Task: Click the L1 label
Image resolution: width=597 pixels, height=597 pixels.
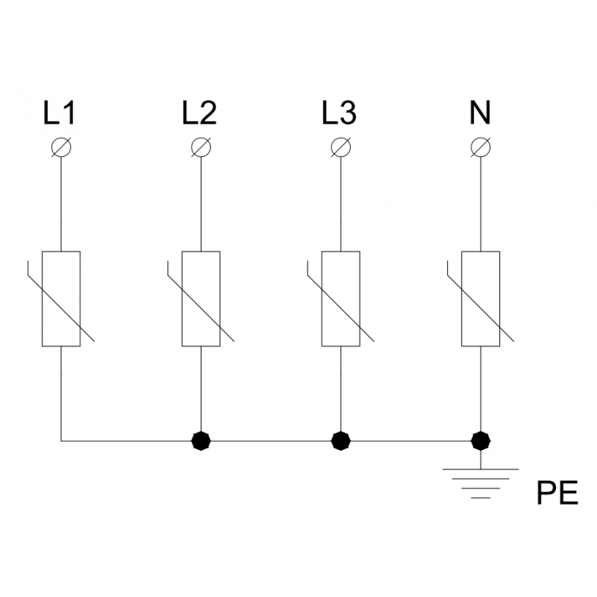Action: [60, 113]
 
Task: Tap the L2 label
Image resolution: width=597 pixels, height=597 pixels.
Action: [199, 113]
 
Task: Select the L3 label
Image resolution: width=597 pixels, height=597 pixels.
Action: [340, 113]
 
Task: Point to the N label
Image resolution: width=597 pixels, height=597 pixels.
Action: [480, 113]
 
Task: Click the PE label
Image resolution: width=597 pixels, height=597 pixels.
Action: [557, 493]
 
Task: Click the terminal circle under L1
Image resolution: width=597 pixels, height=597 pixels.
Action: [61, 147]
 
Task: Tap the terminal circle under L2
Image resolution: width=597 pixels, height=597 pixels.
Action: [201, 147]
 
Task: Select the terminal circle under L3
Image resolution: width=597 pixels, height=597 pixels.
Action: [341, 147]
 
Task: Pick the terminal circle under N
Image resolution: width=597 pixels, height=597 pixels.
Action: [481, 147]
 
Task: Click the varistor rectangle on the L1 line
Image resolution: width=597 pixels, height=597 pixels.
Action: [43, 299]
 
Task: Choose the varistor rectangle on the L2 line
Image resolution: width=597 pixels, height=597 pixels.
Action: [182, 299]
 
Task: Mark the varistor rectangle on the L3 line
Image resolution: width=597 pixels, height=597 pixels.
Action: [322, 299]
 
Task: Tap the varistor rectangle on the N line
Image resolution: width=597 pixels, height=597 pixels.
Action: [461, 299]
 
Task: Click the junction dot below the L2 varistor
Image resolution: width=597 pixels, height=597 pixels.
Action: [201, 441]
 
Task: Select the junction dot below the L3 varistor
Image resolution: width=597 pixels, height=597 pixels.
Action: [341, 441]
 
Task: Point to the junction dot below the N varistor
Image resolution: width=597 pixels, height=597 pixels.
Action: [481, 441]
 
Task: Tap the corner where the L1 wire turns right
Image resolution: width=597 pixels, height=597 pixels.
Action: [61, 441]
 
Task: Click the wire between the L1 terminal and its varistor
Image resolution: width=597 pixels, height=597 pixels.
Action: [61, 204]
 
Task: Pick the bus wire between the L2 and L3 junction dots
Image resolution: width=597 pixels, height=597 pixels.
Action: [271, 441]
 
